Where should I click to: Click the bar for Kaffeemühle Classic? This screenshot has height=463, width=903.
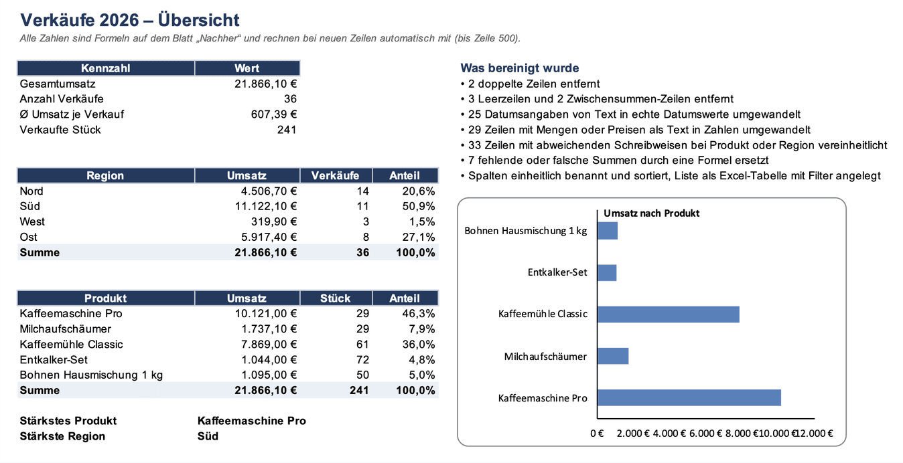[x=669, y=314]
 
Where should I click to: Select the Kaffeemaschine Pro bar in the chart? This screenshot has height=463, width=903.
[x=689, y=398]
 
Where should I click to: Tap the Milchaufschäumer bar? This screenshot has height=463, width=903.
[x=613, y=357]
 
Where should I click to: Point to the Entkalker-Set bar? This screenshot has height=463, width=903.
[x=607, y=272]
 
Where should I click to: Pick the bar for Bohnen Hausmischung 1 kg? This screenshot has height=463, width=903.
[x=608, y=231]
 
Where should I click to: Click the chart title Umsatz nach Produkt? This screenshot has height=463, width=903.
[x=651, y=213]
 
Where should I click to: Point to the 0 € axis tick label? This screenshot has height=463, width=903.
[x=597, y=434]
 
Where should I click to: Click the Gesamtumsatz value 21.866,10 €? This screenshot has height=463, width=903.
[x=266, y=84]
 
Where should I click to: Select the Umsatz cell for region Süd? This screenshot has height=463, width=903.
[x=266, y=207]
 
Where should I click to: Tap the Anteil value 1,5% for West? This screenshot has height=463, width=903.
[x=422, y=222]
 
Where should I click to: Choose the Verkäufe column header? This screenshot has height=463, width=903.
[x=336, y=175]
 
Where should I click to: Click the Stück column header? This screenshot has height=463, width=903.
[x=336, y=298]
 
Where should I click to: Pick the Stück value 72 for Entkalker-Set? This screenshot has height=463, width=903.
[x=362, y=360]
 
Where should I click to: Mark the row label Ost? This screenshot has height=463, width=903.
[x=29, y=237]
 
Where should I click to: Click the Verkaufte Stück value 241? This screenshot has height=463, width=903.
[x=287, y=130]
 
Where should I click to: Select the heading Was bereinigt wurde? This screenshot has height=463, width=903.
[x=520, y=68]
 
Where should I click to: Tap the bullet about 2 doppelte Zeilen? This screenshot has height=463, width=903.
[x=530, y=84]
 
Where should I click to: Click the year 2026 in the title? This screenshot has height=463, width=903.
[x=119, y=20]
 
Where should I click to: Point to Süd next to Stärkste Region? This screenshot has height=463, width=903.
[x=208, y=436]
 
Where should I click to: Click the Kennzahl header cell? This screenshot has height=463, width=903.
[x=106, y=68]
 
